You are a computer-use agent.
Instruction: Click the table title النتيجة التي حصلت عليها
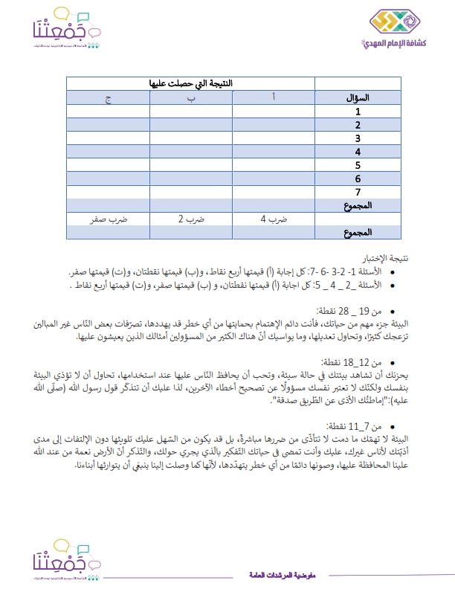(x=191, y=84)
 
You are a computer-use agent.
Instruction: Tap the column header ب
(x=191, y=97)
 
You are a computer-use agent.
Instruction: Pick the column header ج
(x=108, y=97)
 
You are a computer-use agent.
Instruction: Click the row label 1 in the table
(x=358, y=111)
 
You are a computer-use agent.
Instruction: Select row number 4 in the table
(x=358, y=151)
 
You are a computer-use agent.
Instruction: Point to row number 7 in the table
(x=358, y=191)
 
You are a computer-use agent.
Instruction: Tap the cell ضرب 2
(x=191, y=219)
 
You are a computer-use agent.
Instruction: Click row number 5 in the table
(x=358, y=164)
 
